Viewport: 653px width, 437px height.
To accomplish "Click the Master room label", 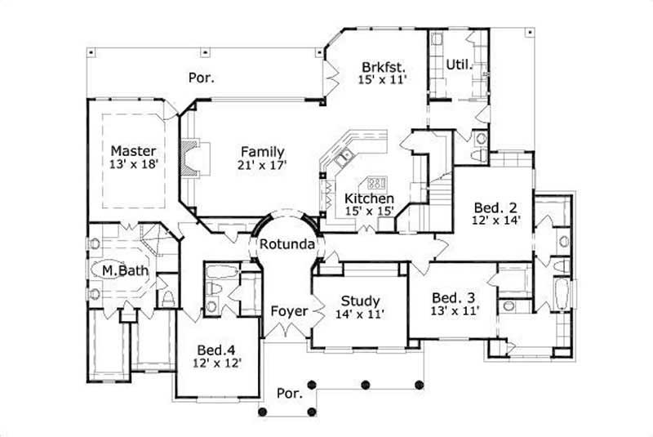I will pos(133,150).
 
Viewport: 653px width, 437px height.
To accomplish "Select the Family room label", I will pos(262,151).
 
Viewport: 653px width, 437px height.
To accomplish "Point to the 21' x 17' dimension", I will pos(262,165).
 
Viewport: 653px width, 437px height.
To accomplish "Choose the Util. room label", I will pos(458,63).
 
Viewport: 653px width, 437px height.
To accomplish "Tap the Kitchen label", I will pos(369,198).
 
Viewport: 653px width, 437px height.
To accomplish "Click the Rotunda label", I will pos(282,243).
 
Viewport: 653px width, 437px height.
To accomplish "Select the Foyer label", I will pos(289,311).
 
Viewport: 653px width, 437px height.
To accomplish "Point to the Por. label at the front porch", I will pos(291,393).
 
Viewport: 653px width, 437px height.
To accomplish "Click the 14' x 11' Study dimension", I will pos(358,312).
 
